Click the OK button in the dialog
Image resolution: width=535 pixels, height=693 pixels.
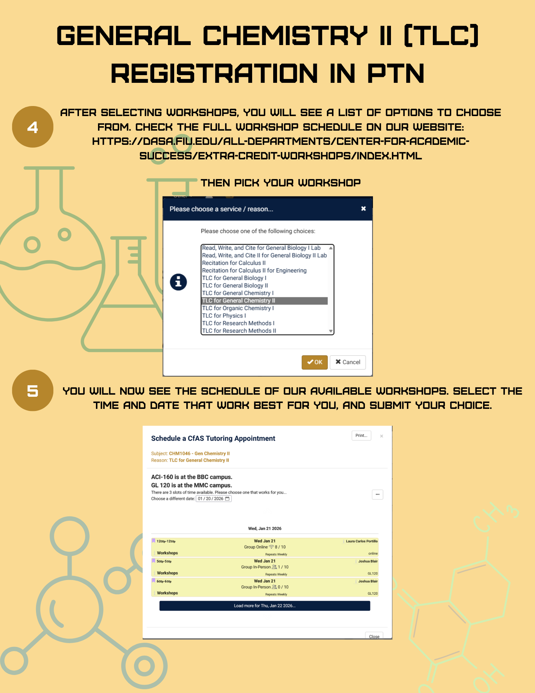(x=314, y=362)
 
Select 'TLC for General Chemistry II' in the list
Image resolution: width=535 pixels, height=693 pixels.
(x=239, y=301)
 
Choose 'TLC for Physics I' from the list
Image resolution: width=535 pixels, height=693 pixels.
(x=224, y=316)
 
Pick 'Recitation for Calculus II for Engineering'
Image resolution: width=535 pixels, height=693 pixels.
(x=254, y=271)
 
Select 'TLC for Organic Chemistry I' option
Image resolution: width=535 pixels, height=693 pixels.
(x=238, y=308)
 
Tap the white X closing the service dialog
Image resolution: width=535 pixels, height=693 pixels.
(x=363, y=209)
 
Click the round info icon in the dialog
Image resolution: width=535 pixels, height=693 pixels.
(x=178, y=282)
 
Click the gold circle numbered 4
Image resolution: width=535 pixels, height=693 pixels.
(x=33, y=127)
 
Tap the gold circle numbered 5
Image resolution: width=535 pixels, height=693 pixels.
(x=33, y=391)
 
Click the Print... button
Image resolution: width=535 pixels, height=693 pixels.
(x=361, y=436)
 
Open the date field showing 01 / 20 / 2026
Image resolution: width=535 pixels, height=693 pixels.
(x=214, y=499)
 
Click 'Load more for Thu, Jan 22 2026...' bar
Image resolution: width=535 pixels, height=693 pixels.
(x=265, y=606)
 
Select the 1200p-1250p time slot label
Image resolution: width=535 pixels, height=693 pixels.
(x=166, y=541)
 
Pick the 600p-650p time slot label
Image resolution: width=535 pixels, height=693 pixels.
(x=164, y=581)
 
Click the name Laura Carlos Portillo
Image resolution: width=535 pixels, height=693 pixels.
(x=362, y=541)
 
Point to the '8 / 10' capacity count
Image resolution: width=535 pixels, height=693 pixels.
(x=280, y=547)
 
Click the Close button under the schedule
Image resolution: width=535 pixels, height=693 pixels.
(x=374, y=636)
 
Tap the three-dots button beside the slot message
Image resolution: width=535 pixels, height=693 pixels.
(x=377, y=494)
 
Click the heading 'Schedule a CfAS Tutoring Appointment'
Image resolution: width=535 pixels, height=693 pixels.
(x=213, y=438)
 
